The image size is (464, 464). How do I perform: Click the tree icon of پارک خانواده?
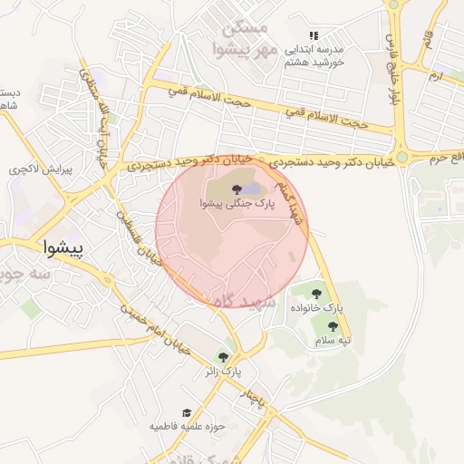[316, 294]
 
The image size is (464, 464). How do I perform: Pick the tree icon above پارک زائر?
[223, 356]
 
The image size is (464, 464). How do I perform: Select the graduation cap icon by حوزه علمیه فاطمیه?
[187, 412]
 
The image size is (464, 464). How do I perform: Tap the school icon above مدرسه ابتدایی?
[314, 35]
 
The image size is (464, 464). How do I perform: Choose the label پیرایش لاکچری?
[34, 169]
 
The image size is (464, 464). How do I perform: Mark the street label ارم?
[437, 74]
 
